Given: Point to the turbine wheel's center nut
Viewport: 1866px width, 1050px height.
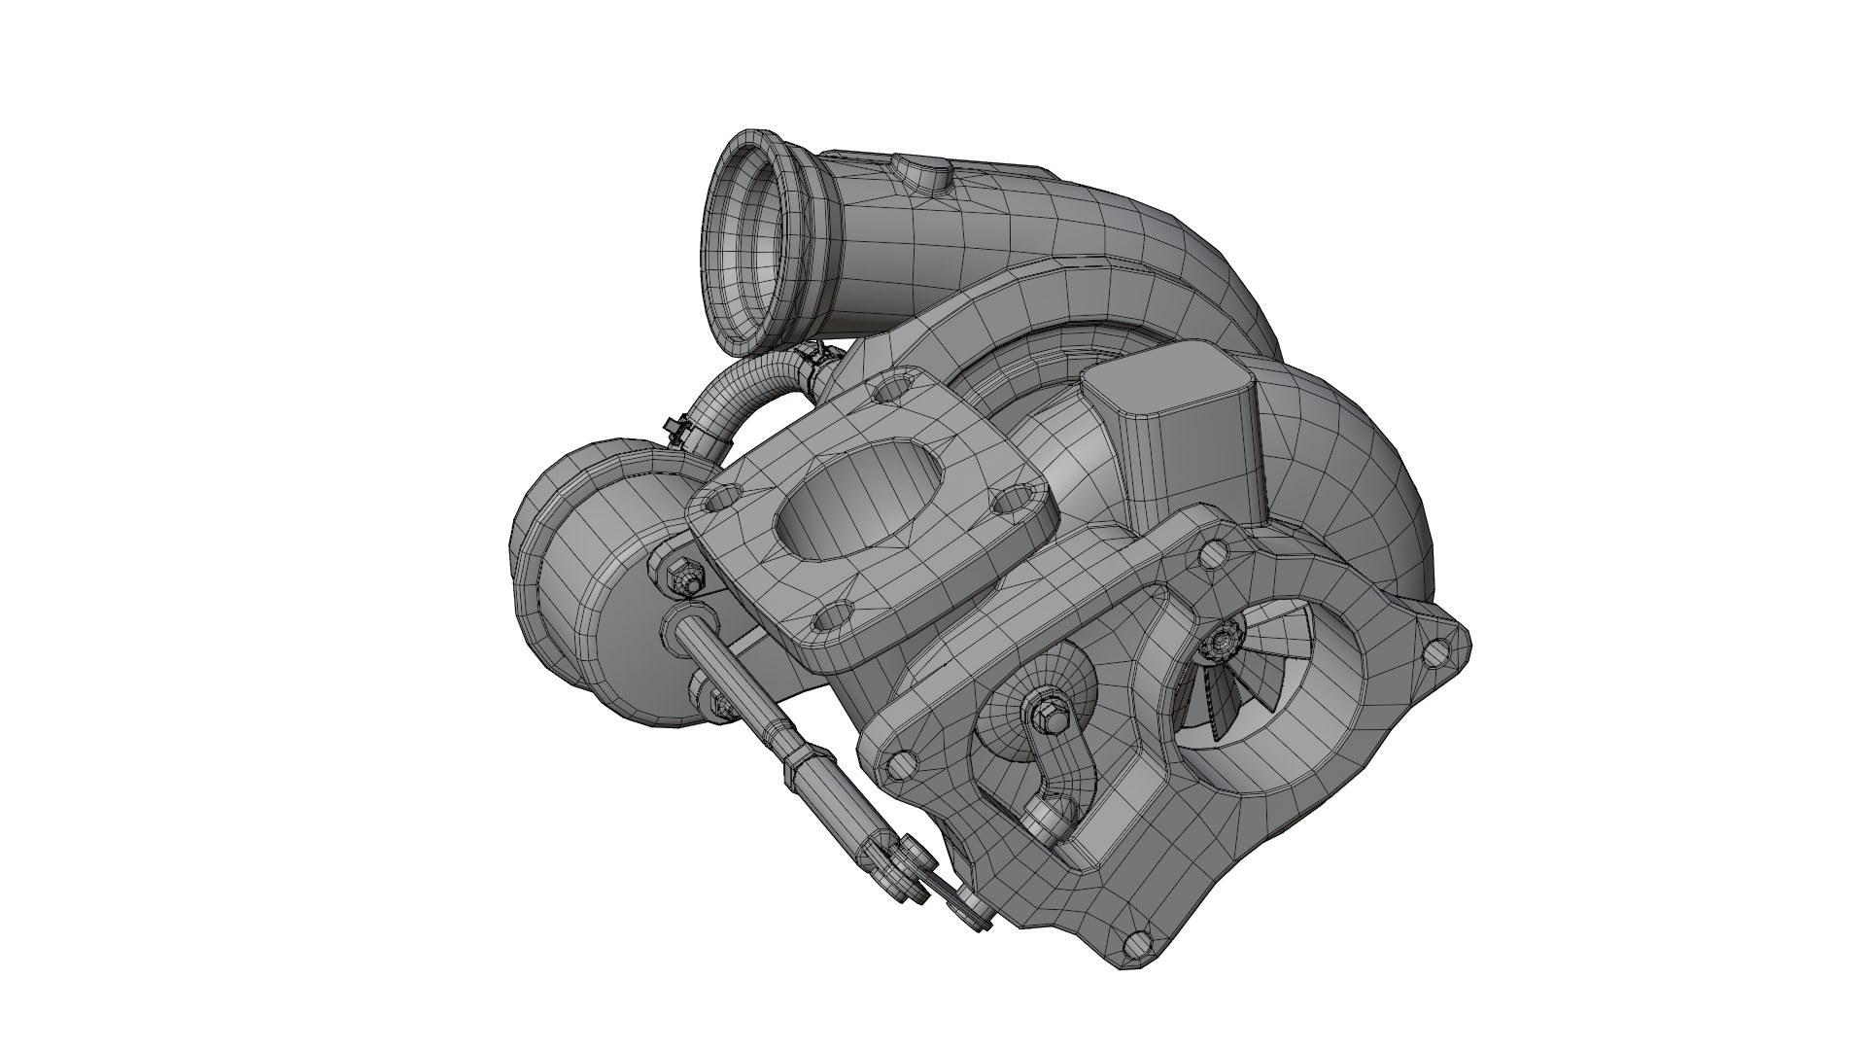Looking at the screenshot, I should click(1220, 641).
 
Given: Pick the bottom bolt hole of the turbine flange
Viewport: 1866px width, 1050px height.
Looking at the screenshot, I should click(1132, 943).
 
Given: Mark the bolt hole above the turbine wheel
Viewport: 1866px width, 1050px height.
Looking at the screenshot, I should click(1213, 554).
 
